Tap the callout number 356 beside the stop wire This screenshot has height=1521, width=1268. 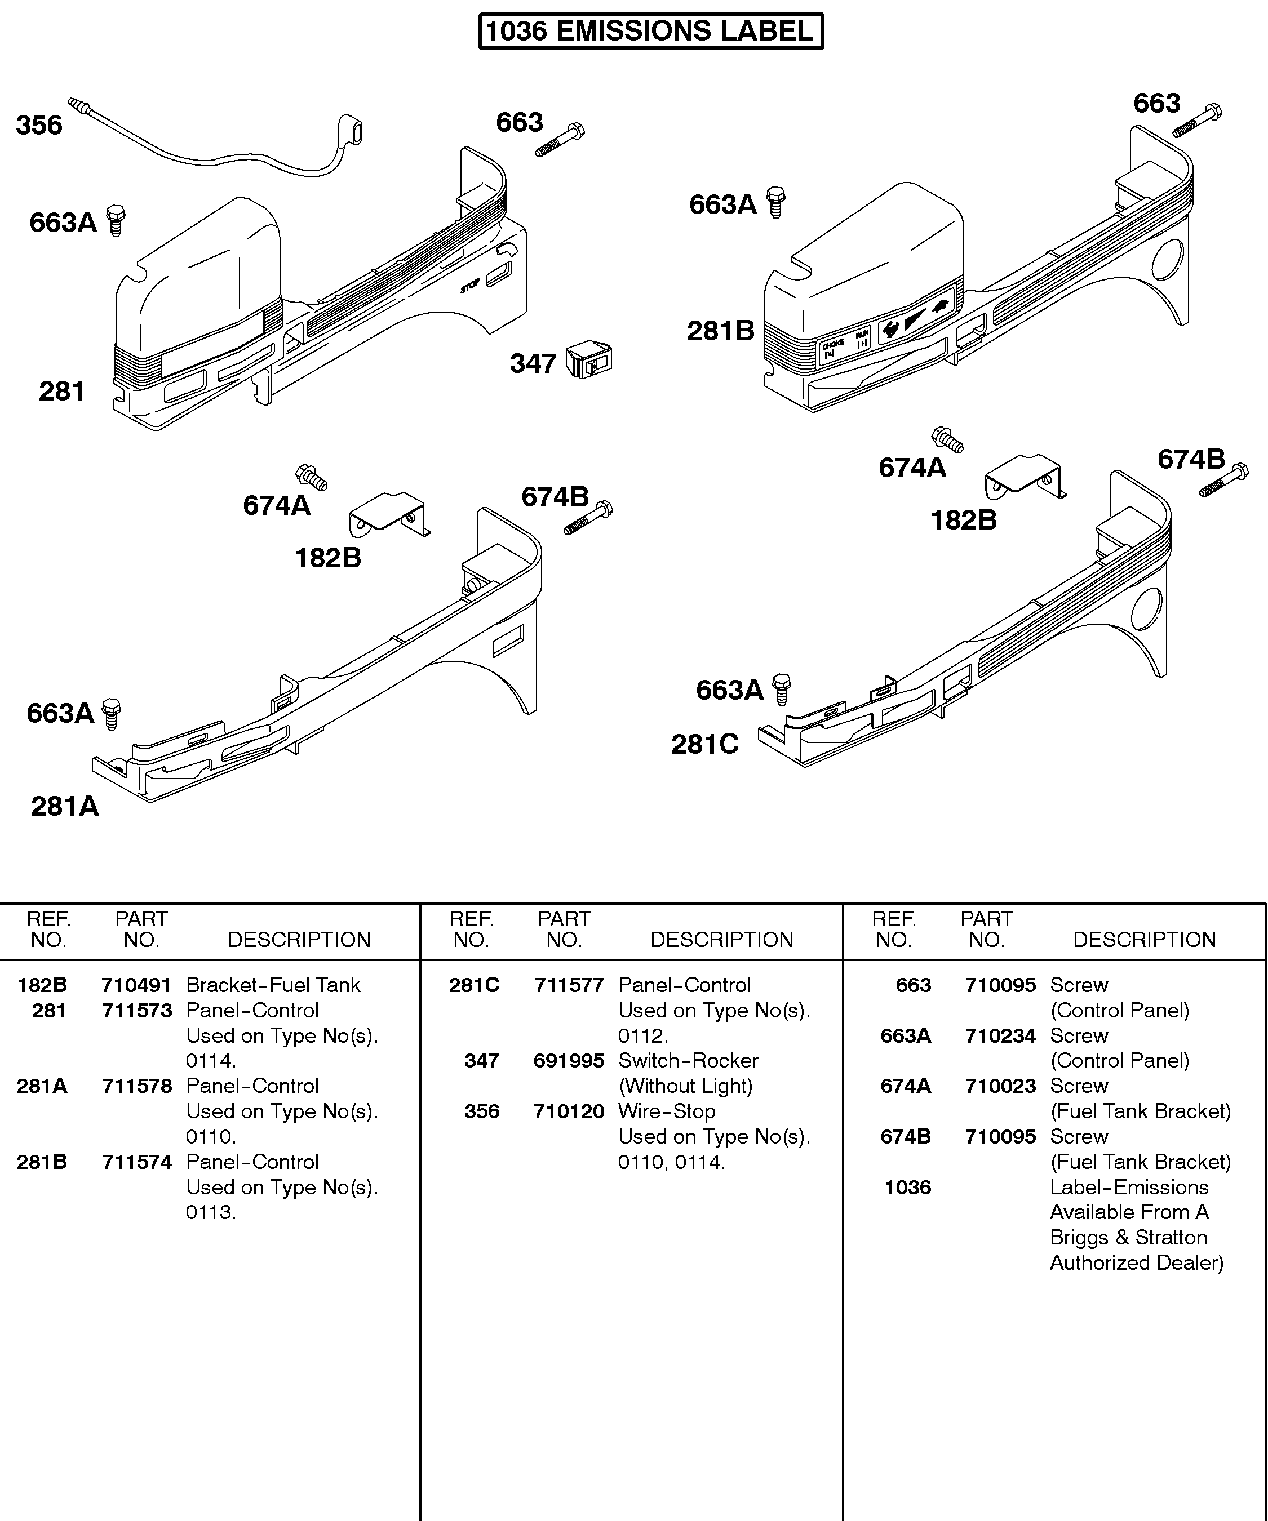tap(39, 125)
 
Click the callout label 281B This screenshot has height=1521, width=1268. tap(720, 331)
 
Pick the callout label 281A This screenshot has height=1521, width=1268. tap(64, 806)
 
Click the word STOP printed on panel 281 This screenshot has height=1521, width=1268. tap(469, 286)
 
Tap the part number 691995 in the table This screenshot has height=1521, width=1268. tap(568, 1060)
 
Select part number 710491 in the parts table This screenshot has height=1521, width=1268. tap(136, 985)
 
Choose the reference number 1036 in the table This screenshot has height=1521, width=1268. tap(907, 1187)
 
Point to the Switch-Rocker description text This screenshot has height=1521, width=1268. tap(688, 1060)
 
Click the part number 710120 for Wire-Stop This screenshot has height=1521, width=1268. tap(568, 1111)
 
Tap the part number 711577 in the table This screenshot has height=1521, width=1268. tap(568, 985)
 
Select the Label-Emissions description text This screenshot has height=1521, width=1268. tap(1129, 1187)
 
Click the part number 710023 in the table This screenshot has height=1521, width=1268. tap(1000, 1086)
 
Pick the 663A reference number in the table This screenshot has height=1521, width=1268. tap(905, 1036)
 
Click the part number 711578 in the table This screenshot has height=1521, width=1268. tap(136, 1086)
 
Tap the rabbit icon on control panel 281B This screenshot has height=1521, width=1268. tap(890, 330)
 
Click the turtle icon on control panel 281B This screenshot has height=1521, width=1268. tap(941, 306)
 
